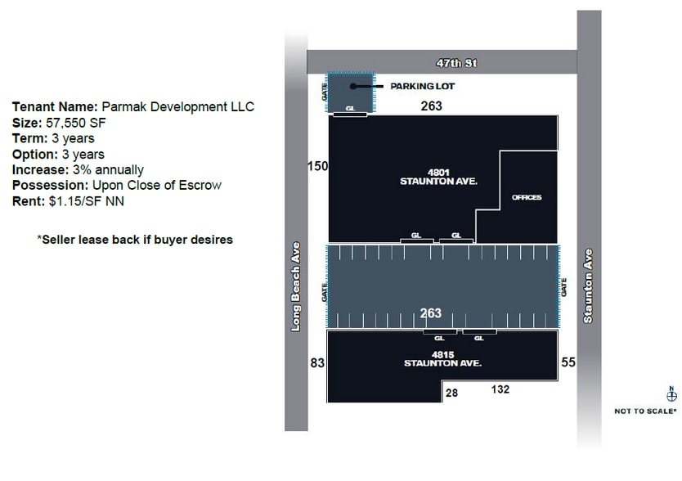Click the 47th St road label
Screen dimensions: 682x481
(456, 63)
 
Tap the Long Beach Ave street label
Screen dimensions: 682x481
(296, 287)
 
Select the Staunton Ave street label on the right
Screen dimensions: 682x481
(588, 285)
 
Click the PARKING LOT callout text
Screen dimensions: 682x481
(422, 86)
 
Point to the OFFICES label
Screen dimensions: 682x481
(527, 197)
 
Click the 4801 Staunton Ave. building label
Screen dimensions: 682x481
(438, 178)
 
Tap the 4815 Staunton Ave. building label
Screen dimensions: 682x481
(442, 359)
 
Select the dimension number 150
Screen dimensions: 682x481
(318, 166)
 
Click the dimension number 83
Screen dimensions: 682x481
(317, 362)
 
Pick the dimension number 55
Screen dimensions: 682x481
(568, 362)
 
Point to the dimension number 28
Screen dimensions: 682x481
(451, 393)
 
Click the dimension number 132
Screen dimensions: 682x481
(500, 389)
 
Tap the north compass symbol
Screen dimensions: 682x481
(671, 394)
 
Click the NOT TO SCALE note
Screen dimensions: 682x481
(645, 411)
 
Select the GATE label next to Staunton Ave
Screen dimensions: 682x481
(563, 287)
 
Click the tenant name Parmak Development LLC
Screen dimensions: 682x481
(178, 106)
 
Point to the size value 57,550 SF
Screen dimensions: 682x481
(76, 123)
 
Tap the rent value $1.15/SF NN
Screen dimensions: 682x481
(87, 201)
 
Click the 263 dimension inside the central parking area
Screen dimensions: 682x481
(431, 313)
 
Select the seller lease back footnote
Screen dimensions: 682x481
(135, 240)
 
